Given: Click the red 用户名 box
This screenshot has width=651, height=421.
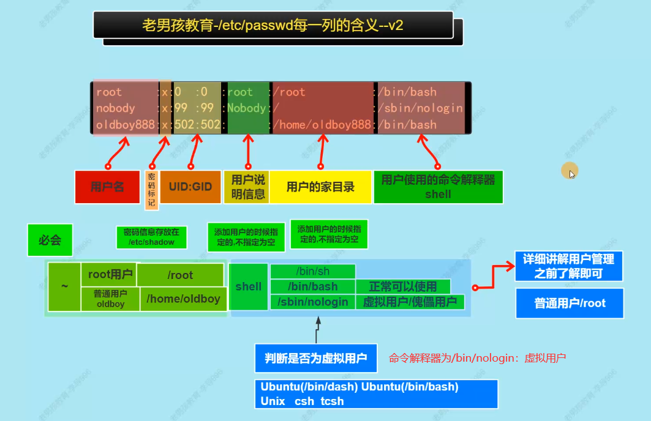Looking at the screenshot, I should tap(107, 187).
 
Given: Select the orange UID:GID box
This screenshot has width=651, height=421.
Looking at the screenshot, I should tap(190, 187).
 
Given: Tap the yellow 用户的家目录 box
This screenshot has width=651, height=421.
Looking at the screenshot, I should tap(320, 187).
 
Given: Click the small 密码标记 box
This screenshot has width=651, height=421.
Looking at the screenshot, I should tap(151, 189).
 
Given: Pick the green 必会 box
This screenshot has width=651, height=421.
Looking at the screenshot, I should tap(50, 240).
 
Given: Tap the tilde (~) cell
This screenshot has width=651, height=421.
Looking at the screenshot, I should tap(64, 286).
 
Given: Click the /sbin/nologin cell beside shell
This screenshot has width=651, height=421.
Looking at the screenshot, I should tap(312, 302).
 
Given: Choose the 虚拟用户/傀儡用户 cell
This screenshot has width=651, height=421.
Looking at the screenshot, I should tap(410, 302).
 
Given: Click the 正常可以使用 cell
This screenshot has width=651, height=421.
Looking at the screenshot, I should tap(403, 286).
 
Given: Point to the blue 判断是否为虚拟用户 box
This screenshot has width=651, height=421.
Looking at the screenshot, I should tap(316, 358).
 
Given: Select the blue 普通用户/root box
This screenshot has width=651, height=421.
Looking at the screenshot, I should tap(570, 303).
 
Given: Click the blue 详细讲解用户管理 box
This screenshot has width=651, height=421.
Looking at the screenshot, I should tap(568, 266).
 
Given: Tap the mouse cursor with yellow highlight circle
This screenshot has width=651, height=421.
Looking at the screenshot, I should tap(570, 171).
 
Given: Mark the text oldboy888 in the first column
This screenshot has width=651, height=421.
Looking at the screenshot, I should tap(126, 124).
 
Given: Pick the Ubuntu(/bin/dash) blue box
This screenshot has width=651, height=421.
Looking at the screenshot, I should tap(375, 393).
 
